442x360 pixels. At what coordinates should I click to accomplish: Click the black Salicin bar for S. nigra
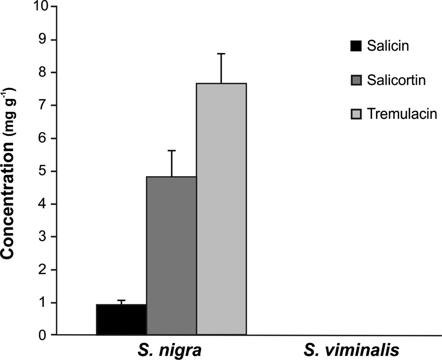121,320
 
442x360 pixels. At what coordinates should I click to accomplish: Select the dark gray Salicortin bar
171,256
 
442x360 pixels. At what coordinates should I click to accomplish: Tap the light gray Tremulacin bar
221,209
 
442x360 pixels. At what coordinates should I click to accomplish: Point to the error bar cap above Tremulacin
221,54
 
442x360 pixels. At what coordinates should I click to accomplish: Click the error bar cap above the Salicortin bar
171,151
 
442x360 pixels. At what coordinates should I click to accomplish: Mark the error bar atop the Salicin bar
121,301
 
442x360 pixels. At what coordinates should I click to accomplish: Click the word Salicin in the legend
387,46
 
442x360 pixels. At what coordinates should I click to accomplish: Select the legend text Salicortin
396,80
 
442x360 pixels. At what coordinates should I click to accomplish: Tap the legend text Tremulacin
399,114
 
